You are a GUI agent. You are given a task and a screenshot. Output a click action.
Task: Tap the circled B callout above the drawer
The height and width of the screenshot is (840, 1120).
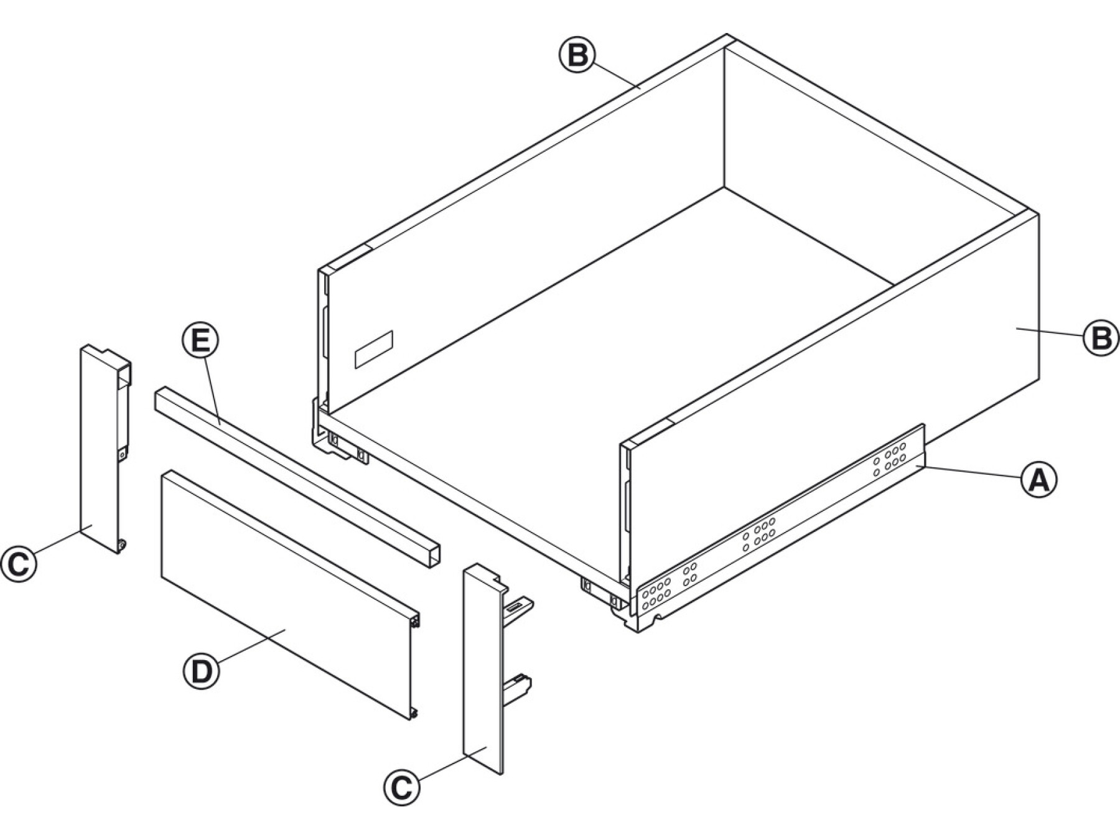click(x=577, y=56)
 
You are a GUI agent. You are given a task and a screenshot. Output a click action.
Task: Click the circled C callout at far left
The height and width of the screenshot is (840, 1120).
click(x=19, y=564)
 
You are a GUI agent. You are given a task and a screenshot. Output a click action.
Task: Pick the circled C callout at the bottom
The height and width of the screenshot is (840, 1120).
click(x=402, y=788)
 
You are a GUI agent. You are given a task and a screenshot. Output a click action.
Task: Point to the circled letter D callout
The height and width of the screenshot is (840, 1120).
click(x=201, y=672)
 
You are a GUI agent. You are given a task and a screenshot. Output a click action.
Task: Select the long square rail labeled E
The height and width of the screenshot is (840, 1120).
click(x=297, y=478)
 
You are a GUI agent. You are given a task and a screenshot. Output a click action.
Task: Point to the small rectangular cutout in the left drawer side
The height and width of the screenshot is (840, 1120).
click(x=374, y=348)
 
